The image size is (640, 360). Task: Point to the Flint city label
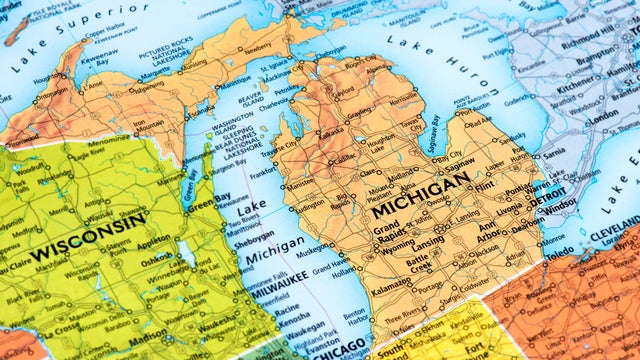487,186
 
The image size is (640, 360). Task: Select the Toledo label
559,253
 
